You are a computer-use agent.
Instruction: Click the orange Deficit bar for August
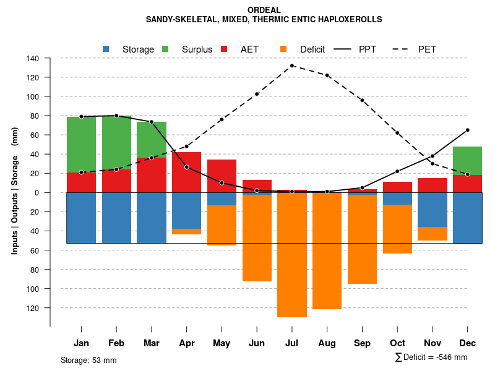coord(327,251)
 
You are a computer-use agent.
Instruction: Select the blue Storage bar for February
coord(116,218)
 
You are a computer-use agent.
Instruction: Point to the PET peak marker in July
coord(292,66)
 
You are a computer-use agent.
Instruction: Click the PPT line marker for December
coord(467,130)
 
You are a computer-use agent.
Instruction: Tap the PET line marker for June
coord(257,94)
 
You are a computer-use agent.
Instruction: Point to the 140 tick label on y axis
coord(33,58)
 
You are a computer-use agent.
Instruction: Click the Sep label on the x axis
coord(362,343)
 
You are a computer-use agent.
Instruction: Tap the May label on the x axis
coord(222,343)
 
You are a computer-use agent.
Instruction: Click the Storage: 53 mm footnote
coord(88,360)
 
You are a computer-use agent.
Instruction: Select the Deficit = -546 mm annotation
coord(431,357)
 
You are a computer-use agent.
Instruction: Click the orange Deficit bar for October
coord(397,229)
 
